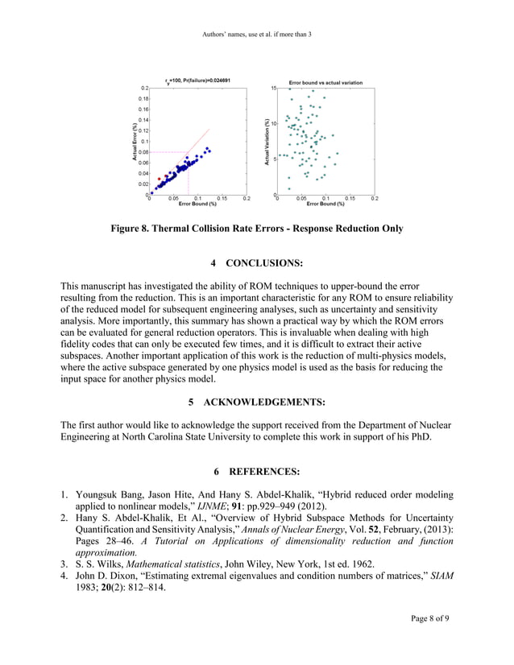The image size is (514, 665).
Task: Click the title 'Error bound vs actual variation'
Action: (x=325, y=82)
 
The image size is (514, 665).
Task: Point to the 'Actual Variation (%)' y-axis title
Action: (x=267, y=142)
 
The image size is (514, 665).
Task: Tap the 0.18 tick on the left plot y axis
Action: (x=143, y=98)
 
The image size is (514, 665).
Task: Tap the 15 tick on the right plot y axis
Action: (x=273, y=87)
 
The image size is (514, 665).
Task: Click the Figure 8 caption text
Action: (x=256, y=229)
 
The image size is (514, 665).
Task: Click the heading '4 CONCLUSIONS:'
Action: (x=256, y=263)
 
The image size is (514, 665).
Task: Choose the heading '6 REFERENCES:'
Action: (x=256, y=470)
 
